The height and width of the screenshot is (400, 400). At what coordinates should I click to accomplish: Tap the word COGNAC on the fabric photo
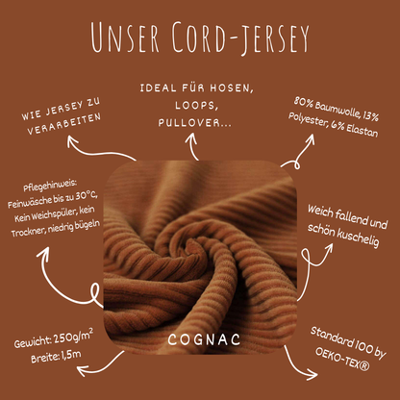(x=199, y=339)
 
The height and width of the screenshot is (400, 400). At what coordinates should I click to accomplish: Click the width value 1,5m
(x=68, y=359)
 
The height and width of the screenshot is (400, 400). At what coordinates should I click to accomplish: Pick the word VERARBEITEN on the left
(x=56, y=134)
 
